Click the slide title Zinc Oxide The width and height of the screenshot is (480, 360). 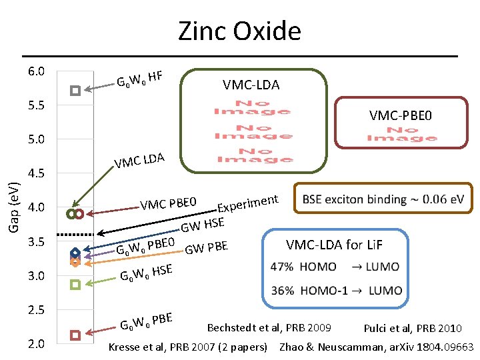tap(239, 31)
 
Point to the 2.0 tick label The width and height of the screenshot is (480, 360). tap(37, 344)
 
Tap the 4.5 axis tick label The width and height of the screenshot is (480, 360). tap(37, 174)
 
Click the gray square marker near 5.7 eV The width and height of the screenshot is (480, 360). tap(75, 90)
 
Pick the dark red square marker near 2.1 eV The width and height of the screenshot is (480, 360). tap(75, 335)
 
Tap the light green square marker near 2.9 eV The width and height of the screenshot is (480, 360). tap(75, 285)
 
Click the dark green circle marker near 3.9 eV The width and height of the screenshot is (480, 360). tap(71, 214)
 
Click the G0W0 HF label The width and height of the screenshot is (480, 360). tap(140, 79)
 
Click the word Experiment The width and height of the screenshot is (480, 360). tap(247, 200)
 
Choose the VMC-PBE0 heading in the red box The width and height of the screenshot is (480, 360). tap(401, 116)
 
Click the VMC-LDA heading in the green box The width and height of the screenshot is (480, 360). tap(251, 85)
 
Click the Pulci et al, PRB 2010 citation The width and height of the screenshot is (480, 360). tap(413, 328)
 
